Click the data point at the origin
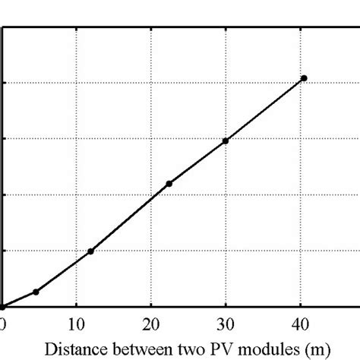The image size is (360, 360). (x=2, y=307)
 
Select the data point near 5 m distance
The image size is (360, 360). (x=35, y=292)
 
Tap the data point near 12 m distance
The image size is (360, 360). (x=91, y=251)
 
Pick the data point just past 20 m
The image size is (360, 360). (x=169, y=184)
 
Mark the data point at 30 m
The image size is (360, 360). (x=226, y=141)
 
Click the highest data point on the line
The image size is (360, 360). (x=304, y=78)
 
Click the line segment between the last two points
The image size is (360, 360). (x=264, y=109)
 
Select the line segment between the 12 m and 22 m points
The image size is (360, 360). (x=130, y=218)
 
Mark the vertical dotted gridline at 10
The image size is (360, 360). (x=76, y=152)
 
